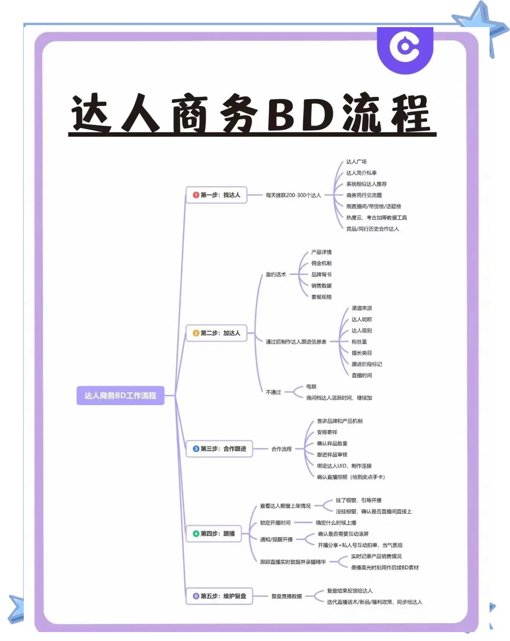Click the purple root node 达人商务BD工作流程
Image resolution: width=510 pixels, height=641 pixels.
(x=120, y=395)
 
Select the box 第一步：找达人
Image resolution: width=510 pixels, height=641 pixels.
(x=217, y=195)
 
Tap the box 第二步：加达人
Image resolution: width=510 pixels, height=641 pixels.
(x=217, y=333)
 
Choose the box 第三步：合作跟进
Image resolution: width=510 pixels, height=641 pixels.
(x=219, y=449)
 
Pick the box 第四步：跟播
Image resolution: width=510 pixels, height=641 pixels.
(x=214, y=534)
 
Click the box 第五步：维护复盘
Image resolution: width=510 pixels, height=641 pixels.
(x=219, y=596)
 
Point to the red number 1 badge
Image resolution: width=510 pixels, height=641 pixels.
(x=196, y=195)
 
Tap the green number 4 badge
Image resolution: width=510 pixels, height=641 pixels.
(x=196, y=534)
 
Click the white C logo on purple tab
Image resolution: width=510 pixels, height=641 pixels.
(x=405, y=46)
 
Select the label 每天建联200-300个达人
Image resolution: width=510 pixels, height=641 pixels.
(x=293, y=195)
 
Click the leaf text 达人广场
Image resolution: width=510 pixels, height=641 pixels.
(x=356, y=162)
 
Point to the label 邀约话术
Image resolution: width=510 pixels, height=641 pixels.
(x=276, y=275)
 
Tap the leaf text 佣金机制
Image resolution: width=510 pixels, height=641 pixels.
(x=321, y=263)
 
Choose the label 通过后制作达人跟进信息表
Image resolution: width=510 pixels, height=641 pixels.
(x=296, y=342)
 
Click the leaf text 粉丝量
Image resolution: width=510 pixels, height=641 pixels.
(x=359, y=342)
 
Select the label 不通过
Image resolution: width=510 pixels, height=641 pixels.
(x=273, y=392)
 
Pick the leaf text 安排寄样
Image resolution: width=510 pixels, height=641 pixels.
(x=327, y=432)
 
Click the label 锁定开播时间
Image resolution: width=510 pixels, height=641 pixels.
(x=275, y=523)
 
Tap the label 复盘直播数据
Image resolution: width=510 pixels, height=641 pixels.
(x=286, y=596)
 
